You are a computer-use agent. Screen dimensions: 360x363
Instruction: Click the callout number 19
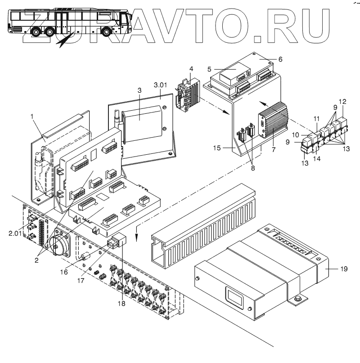[x=343, y=269]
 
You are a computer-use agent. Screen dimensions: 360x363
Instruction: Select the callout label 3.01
[x=160, y=85]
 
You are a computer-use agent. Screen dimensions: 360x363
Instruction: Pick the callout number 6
[x=279, y=59]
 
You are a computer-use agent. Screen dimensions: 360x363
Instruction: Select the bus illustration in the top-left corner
[x=67, y=22]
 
